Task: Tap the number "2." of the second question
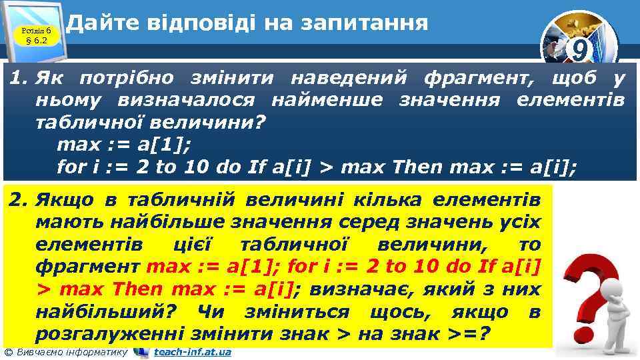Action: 17,199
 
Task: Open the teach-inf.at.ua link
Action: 193,352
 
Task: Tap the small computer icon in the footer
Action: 141,352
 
